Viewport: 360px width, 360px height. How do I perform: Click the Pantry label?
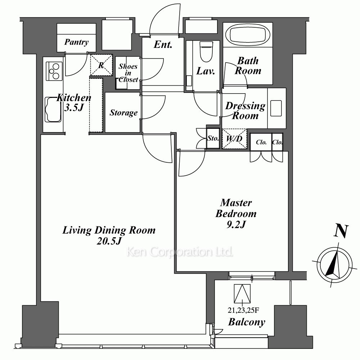pos(76,42)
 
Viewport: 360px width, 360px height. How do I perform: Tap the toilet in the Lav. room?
pos(206,51)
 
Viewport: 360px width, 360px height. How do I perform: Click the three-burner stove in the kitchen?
pos(54,71)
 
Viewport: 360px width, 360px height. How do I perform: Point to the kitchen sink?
pos(53,109)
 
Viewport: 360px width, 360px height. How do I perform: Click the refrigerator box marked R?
pos(101,65)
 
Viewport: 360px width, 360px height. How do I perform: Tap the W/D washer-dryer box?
pos(234,139)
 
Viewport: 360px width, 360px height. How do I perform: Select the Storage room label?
pos(123,113)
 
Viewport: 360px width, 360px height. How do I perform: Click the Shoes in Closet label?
pos(128,73)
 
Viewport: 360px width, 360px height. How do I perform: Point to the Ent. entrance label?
pos(163,45)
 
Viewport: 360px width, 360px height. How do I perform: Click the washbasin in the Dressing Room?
pos(276,108)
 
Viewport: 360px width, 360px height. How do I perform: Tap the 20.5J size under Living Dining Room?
pos(109,241)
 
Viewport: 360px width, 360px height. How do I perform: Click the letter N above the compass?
pos(341,230)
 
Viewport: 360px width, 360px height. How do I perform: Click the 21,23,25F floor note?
pos(243,310)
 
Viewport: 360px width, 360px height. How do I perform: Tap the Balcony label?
pos(247,322)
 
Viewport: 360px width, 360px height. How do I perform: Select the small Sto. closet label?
pos(213,138)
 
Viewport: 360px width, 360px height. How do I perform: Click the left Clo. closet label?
pos(261,142)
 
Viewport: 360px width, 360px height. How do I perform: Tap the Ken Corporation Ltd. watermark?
pos(180,252)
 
